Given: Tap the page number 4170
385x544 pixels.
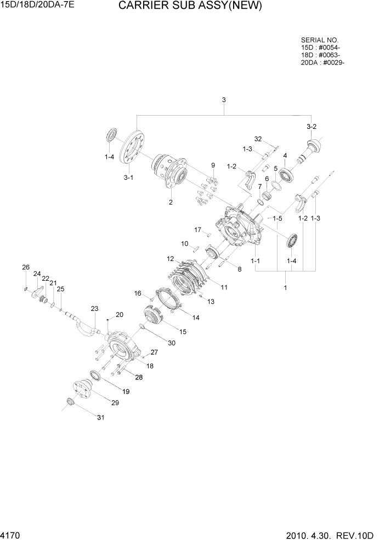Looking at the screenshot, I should tap(12, 535).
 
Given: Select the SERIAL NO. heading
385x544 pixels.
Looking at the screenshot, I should tap(320, 41).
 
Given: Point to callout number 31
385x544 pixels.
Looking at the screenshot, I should tap(100, 418).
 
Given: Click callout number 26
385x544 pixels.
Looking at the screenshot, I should tap(25, 267).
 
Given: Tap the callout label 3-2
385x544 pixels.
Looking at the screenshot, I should tap(312, 127).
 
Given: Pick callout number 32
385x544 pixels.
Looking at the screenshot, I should tap(259, 138).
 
